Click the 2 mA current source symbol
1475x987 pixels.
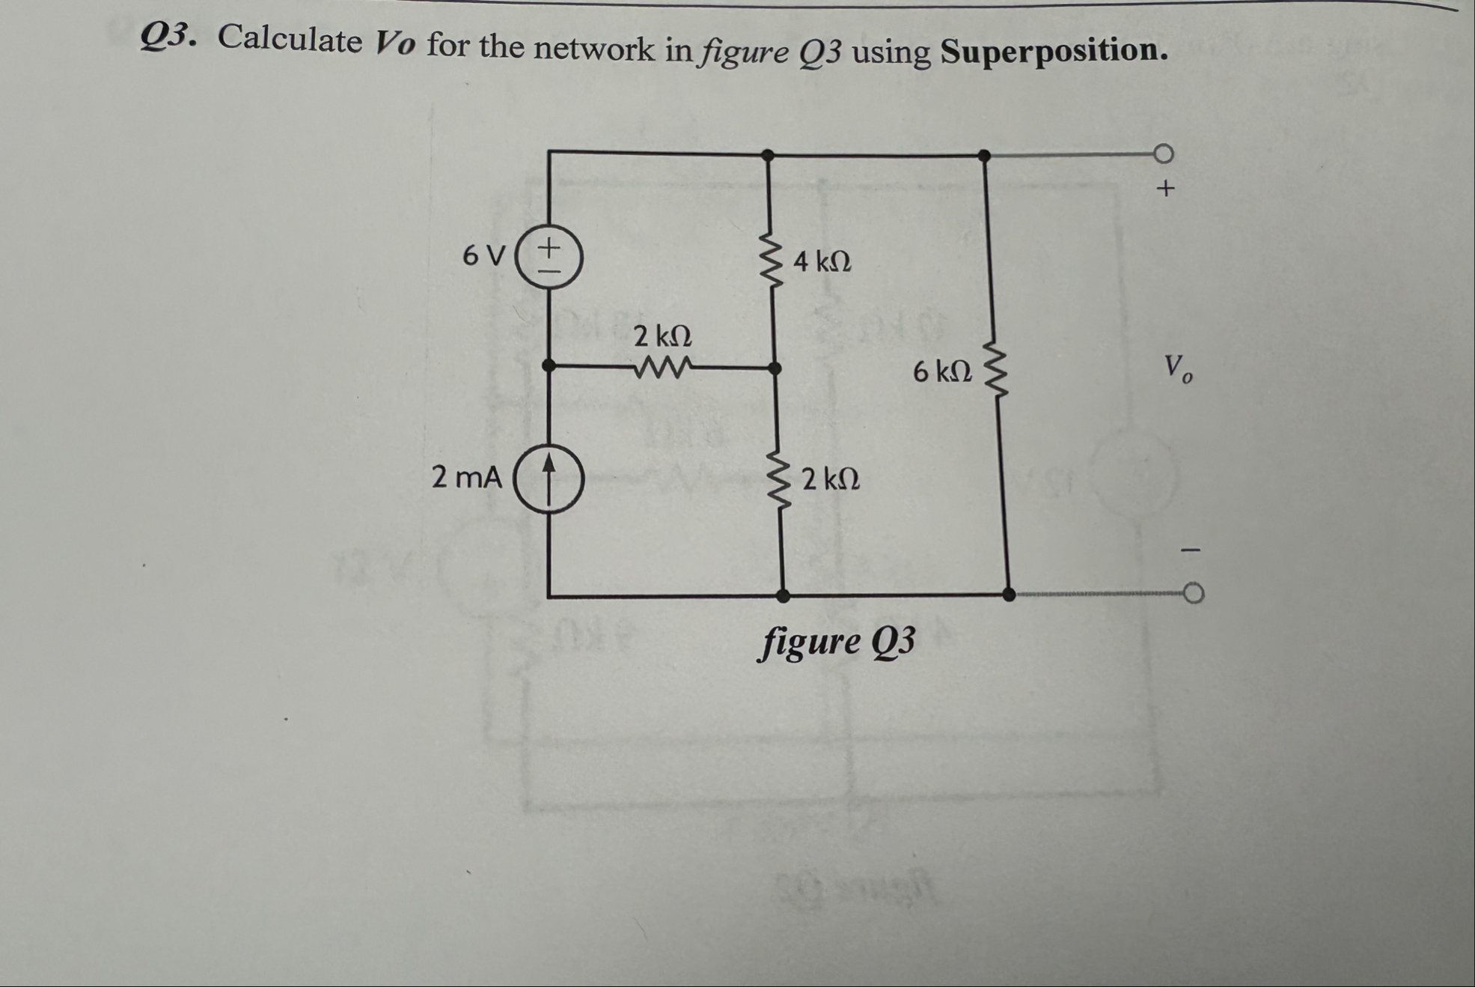[549, 478]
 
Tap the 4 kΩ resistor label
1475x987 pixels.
[822, 261]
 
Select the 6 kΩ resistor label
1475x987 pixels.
[942, 371]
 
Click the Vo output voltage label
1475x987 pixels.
[1178, 368]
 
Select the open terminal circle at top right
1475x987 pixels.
[1163, 154]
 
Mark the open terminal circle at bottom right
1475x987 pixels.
[1194, 594]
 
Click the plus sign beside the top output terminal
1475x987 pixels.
[1165, 188]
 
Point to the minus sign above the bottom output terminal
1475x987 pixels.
[1190, 550]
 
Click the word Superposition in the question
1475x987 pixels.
[1054, 51]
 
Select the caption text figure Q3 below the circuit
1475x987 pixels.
[836, 642]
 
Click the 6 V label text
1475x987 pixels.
[483, 255]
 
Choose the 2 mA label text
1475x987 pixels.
[466, 477]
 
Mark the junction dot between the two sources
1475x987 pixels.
[549, 365]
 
